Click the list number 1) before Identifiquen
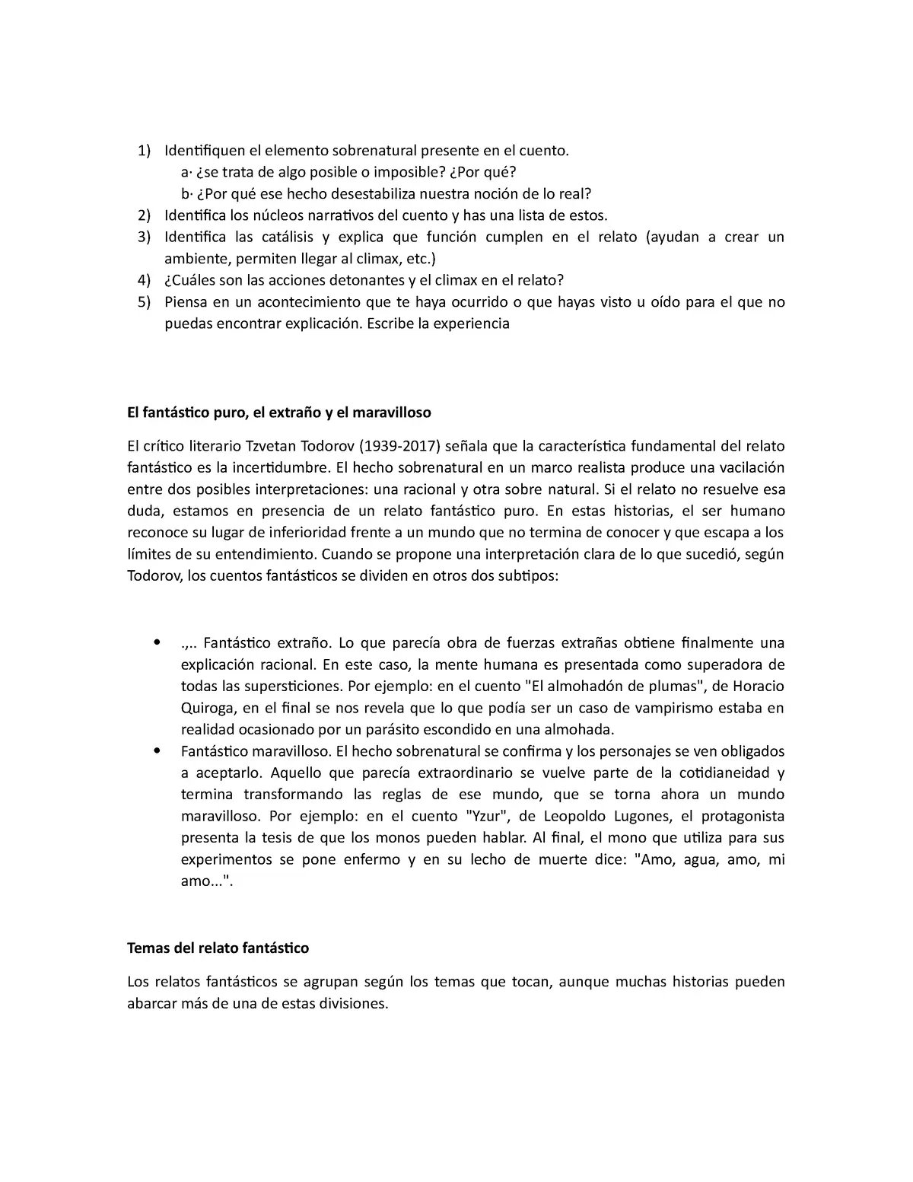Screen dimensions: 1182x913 coord(144,151)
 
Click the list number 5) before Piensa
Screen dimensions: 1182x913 coord(144,302)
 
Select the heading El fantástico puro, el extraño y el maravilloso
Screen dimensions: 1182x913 coord(278,413)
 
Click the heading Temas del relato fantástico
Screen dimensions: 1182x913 coord(218,948)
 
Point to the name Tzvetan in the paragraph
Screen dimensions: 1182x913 coord(271,446)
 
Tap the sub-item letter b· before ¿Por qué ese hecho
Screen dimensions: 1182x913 coord(186,194)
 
